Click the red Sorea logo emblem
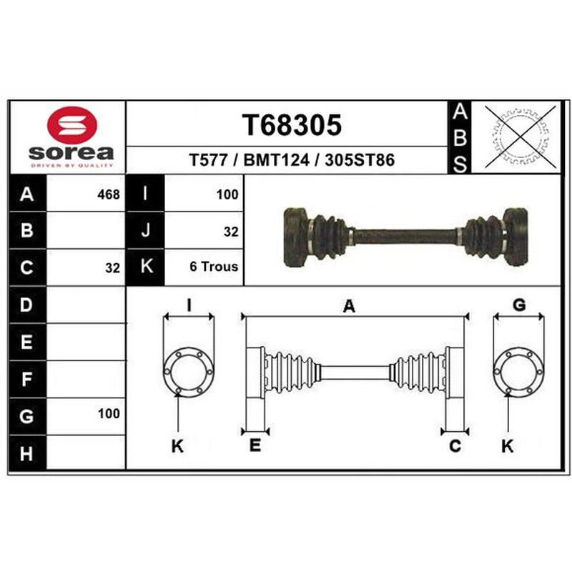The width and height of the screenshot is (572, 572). click(72, 124)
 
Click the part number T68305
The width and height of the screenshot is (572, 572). click(292, 125)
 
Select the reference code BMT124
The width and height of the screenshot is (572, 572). click(276, 160)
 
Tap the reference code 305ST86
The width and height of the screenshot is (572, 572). click(360, 160)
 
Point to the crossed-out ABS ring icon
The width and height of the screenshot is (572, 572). click(521, 137)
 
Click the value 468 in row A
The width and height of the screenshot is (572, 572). click(109, 194)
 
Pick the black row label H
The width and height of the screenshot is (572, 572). click(26, 453)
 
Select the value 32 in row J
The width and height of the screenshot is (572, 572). click(231, 232)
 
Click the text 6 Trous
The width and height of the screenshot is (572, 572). click(214, 267)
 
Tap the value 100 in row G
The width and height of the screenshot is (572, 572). click(109, 414)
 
